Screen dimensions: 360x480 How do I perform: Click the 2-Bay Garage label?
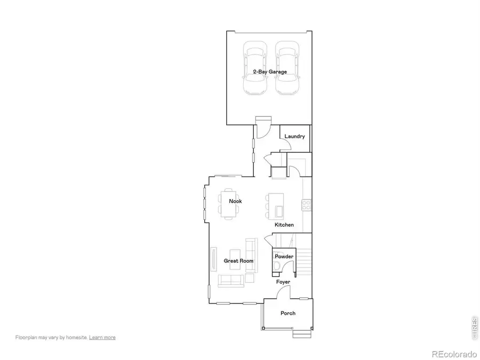tap(270, 71)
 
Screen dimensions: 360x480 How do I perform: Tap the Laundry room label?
tap(294, 137)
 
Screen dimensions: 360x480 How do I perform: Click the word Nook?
tap(235, 201)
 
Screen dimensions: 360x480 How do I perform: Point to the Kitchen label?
tap(284, 225)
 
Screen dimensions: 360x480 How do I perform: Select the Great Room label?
tap(238, 261)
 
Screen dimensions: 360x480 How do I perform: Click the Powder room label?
tap(284, 257)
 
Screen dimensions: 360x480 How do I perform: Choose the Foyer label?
tap(283, 282)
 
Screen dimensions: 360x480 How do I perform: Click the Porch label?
tap(288, 313)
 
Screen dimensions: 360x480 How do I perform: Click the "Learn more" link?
tap(102, 337)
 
